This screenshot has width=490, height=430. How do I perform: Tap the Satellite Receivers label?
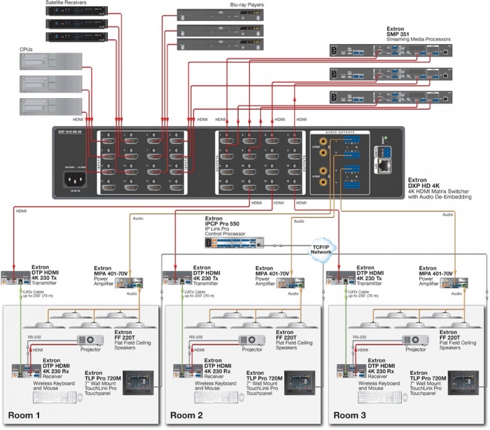66,4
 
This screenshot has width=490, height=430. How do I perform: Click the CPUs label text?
29,50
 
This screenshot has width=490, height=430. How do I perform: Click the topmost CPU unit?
45,62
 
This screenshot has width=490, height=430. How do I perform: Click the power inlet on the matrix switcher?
78,180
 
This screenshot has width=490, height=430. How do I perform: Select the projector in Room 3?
417,340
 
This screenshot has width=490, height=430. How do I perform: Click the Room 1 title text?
25,415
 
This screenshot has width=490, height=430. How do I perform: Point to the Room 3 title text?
352,415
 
